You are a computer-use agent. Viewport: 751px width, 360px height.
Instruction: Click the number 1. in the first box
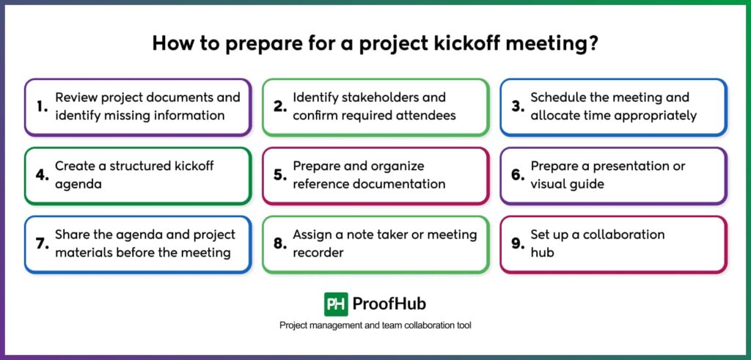pos(42,106)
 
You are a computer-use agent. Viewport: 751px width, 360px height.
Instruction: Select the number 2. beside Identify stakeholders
pos(279,106)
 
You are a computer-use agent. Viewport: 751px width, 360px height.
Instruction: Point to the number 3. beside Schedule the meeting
pos(518,106)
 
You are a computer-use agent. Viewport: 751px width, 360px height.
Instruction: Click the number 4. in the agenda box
pos(43,175)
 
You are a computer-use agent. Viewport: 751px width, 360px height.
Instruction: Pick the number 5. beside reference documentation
pos(279,175)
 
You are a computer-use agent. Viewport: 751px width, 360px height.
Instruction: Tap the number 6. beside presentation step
pos(518,175)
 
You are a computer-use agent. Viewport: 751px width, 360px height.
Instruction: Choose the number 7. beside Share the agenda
pos(42,243)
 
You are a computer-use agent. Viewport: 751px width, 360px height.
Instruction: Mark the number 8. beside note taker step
pos(279,243)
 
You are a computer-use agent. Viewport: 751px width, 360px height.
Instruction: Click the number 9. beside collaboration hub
pos(518,243)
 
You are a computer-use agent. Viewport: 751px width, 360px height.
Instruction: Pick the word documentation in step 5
pos(400,184)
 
